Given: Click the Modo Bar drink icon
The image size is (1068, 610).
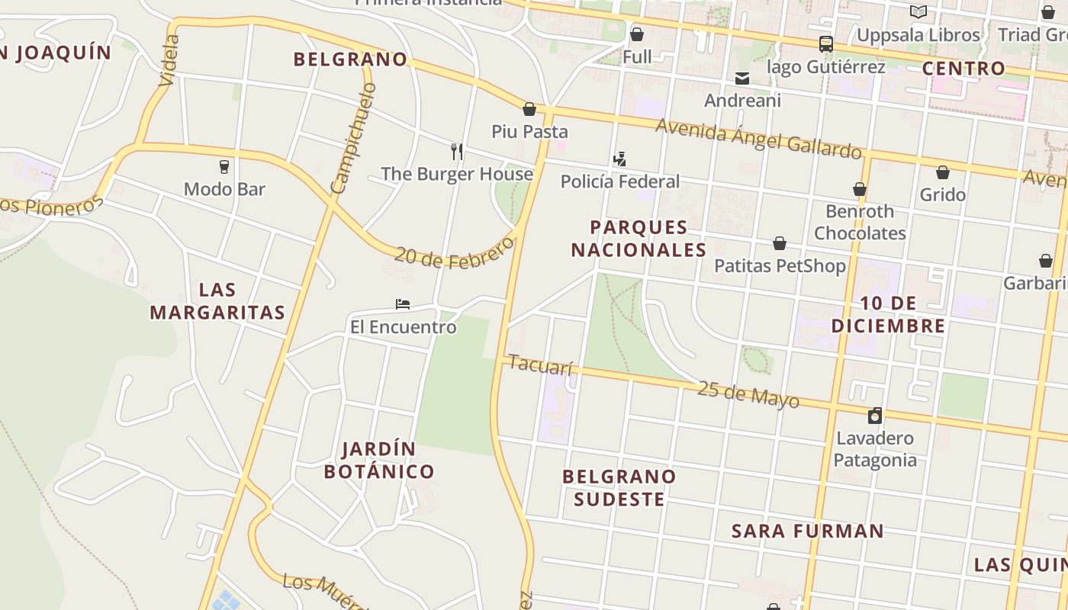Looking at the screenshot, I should (224, 166).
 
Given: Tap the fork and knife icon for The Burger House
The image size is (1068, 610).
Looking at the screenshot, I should (457, 151).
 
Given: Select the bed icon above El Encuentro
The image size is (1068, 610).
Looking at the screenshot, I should (403, 304).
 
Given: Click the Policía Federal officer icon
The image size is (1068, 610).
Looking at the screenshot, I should (619, 159).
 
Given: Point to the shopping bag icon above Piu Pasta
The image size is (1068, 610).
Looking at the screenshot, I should (529, 109).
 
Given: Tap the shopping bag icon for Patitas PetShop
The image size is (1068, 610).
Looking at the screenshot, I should (780, 243).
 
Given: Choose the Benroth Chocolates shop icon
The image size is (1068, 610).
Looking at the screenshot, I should (860, 189).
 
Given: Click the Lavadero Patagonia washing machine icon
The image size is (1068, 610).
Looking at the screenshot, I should (875, 416).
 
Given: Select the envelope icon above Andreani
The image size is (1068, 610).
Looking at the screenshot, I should (741, 79).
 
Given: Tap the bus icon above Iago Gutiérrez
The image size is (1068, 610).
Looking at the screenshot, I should (826, 44).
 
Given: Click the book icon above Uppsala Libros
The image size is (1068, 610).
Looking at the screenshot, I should (918, 12).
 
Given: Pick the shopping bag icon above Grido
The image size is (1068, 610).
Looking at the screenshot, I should (943, 172).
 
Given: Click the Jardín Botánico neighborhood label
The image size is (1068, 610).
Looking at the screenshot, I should (379, 460).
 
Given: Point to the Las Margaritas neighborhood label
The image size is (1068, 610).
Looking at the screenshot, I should (217, 300).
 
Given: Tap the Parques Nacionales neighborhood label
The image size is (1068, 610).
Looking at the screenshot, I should (639, 238).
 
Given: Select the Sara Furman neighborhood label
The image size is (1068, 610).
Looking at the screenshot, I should (808, 531).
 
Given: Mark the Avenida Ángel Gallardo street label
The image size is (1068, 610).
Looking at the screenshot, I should (758, 138).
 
